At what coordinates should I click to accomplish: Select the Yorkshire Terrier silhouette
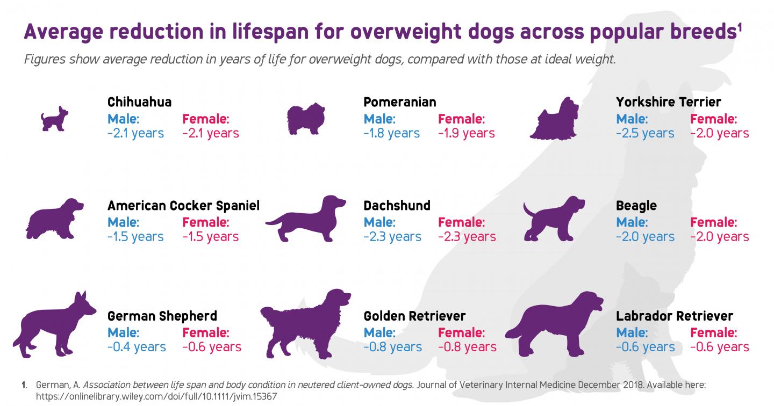pos(555,119)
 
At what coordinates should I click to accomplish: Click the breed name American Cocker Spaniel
pos(183,206)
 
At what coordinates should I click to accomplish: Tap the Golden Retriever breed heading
pos(414,316)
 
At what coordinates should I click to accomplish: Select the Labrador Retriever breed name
pos(674,316)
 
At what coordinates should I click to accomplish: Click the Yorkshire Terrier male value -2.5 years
pos(645,133)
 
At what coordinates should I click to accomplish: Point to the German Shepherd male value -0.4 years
pos(137,347)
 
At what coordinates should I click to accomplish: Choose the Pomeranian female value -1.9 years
pos(467,133)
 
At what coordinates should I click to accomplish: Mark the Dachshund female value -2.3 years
pos(467,236)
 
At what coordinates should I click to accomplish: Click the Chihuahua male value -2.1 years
pos(135,133)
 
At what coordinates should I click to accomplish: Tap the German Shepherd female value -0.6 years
pos(212,347)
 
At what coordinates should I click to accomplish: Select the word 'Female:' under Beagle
pos(713,222)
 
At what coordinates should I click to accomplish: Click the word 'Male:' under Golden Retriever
pos(379,332)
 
